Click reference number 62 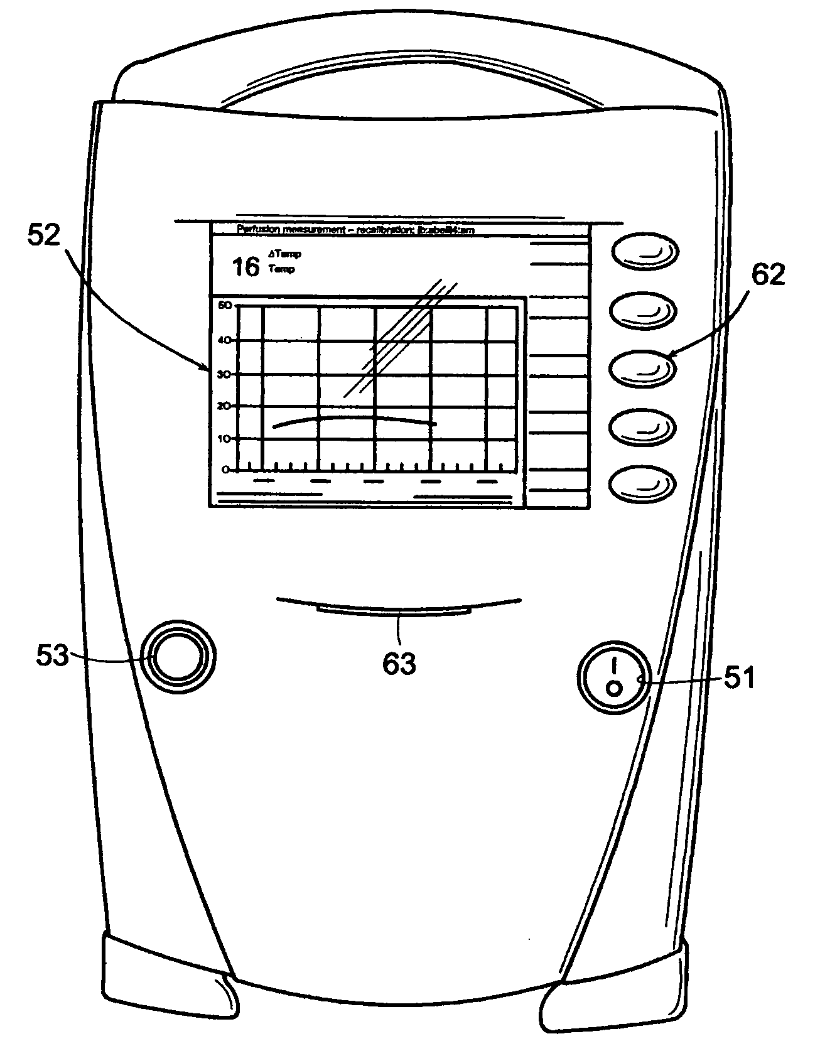click(x=765, y=275)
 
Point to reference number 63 click(x=399, y=663)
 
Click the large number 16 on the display click(x=245, y=267)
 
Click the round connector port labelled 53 click(x=178, y=657)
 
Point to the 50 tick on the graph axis click(x=225, y=305)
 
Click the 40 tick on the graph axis click(x=225, y=340)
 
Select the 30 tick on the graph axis click(x=225, y=374)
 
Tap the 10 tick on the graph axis click(x=225, y=438)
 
